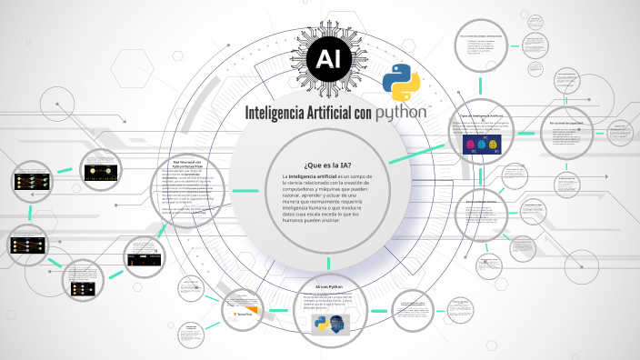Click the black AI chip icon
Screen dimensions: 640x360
click(x=327, y=61)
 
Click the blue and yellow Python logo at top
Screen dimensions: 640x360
click(x=401, y=83)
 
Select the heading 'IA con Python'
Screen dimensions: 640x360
click(x=320, y=286)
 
